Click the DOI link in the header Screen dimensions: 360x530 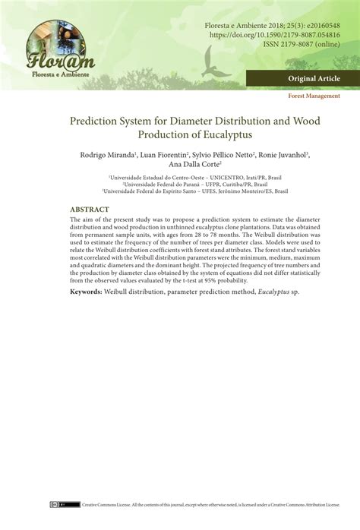275,35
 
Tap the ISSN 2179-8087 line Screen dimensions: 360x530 302,45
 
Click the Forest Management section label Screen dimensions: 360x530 314,96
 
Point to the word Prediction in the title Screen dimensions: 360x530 100,119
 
